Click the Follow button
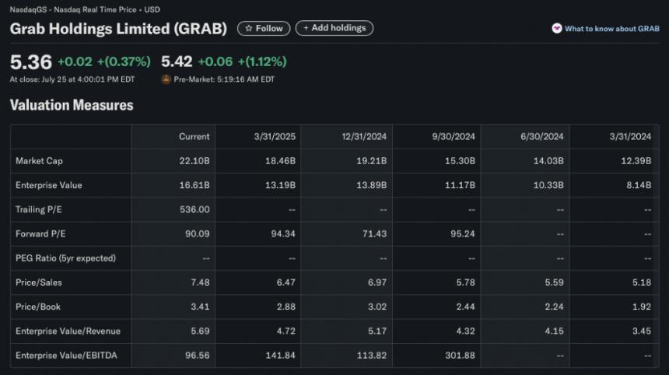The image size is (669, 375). pyautogui.click(x=264, y=28)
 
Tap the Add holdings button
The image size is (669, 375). pyautogui.click(x=334, y=28)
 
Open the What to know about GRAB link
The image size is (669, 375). pyautogui.click(x=606, y=29)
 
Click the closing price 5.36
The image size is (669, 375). pyautogui.click(x=30, y=62)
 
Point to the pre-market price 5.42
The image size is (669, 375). pyautogui.click(x=177, y=62)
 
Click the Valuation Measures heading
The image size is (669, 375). pyautogui.click(x=72, y=105)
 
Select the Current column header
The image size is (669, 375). pyautogui.click(x=194, y=136)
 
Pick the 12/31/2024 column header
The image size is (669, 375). pyautogui.click(x=365, y=136)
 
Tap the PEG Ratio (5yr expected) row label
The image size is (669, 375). pyautogui.click(x=65, y=258)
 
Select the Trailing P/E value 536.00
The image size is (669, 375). pyautogui.click(x=194, y=209)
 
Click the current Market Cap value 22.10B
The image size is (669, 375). pyautogui.click(x=194, y=161)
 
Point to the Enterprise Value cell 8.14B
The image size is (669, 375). pyautogui.click(x=636, y=185)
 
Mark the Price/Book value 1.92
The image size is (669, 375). pyautogui.click(x=640, y=307)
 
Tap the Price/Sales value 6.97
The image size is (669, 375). pyautogui.click(x=377, y=282)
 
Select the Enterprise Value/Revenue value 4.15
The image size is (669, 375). pyautogui.click(x=552, y=331)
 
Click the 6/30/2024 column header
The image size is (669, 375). pyautogui.click(x=542, y=136)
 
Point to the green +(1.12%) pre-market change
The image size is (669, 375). pyautogui.click(x=262, y=62)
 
